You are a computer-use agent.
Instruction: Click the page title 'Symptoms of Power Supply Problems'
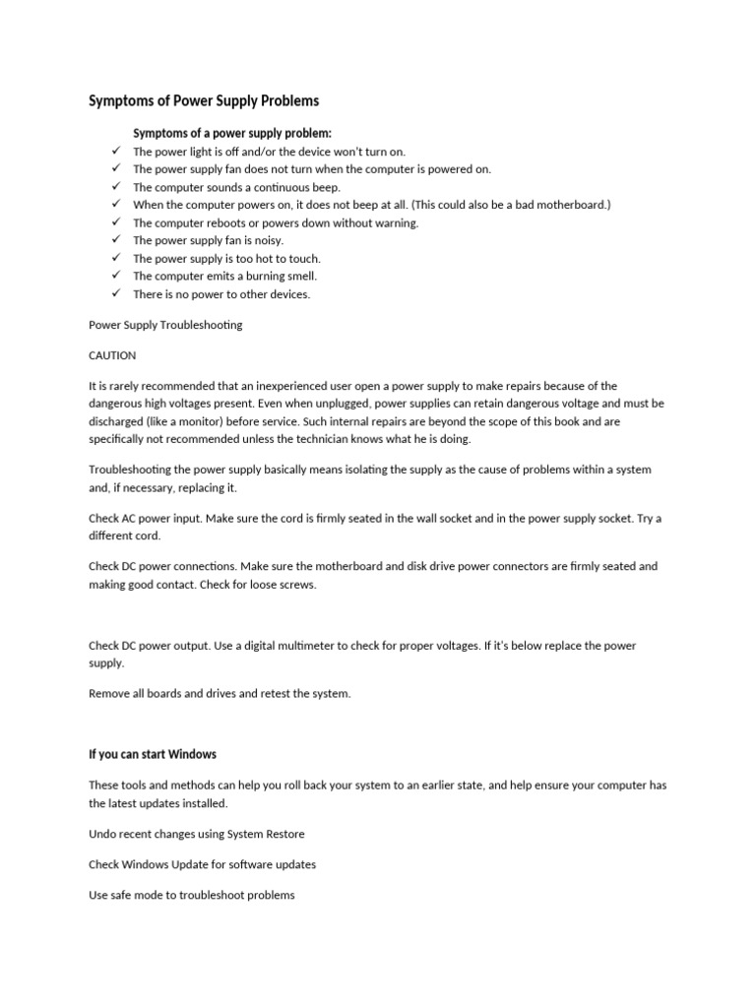click(x=204, y=101)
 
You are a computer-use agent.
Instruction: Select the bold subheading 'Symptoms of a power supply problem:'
click(x=232, y=134)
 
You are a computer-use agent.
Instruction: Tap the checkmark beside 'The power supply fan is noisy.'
click(x=115, y=240)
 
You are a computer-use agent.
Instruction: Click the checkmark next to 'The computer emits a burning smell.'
click(x=115, y=276)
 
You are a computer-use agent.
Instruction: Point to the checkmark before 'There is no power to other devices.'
click(x=115, y=293)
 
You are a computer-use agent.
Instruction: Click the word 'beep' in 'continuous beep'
click(x=326, y=187)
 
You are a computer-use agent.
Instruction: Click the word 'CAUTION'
click(x=112, y=355)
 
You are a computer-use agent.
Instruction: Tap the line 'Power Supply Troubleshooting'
click(x=165, y=325)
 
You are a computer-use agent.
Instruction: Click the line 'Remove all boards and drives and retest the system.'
click(x=220, y=693)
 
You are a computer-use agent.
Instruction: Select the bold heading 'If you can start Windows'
click(x=153, y=754)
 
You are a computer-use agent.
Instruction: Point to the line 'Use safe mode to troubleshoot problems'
click(x=192, y=895)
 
